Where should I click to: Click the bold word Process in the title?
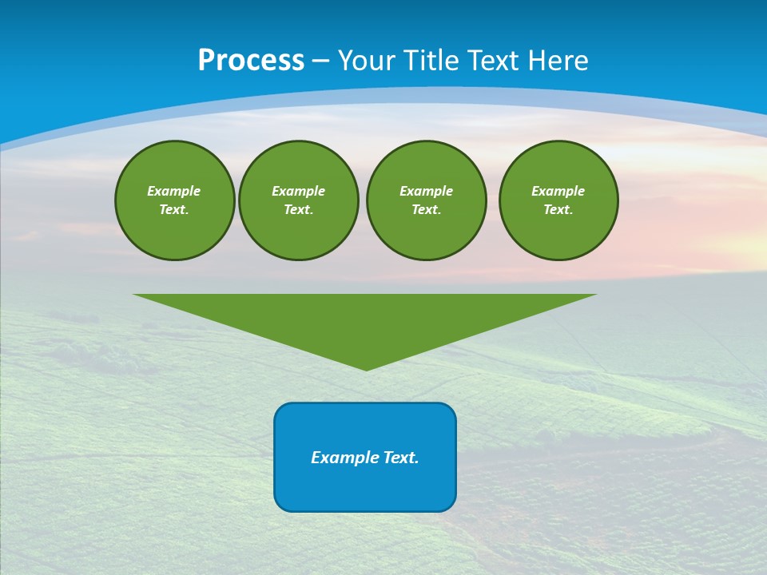pyautogui.click(x=251, y=61)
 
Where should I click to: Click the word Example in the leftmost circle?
pyautogui.click(x=174, y=191)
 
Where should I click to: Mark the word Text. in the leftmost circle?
pyautogui.click(x=174, y=210)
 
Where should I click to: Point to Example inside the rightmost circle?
pyautogui.click(x=558, y=191)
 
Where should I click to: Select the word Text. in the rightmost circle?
pyautogui.click(x=558, y=210)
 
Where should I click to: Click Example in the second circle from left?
pyautogui.click(x=298, y=191)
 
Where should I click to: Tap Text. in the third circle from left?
pyautogui.click(x=426, y=210)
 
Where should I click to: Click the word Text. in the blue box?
pyautogui.click(x=401, y=458)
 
